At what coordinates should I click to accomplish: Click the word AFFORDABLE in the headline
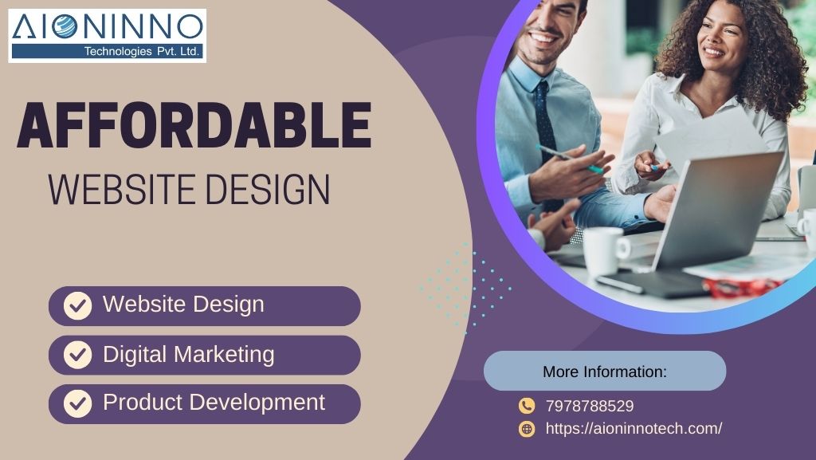[x=194, y=125]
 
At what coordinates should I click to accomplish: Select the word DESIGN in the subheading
[x=268, y=190]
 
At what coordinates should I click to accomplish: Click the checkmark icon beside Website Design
[x=77, y=305]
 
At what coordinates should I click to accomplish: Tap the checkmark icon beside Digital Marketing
[x=77, y=354]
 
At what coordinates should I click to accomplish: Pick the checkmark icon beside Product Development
[x=77, y=403]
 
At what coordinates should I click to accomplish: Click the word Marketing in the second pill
[x=224, y=355]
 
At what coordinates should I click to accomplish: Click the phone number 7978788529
[x=590, y=406]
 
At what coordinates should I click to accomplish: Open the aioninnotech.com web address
[x=634, y=428]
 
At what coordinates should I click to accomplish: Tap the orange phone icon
[x=527, y=405]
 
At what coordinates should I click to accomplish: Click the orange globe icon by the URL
[x=527, y=429]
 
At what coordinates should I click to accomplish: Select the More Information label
[x=605, y=372]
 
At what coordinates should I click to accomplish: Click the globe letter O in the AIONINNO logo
[x=64, y=26]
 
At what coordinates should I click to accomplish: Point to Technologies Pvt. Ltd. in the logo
[x=142, y=51]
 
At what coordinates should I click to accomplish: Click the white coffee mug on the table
[x=606, y=251]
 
